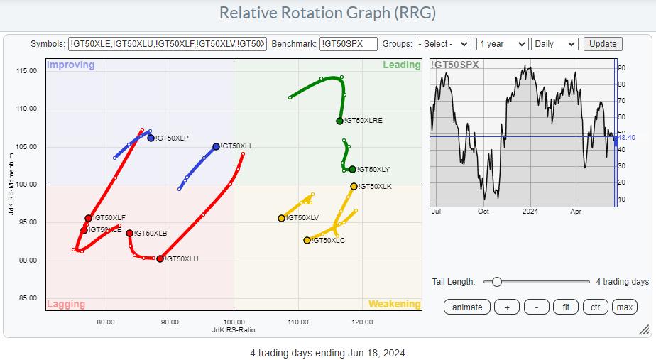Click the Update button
click(603, 43)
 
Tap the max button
click(625, 307)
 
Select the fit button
click(566, 307)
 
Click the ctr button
click(595, 307)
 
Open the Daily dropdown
click(554, 43)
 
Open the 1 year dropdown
click(502, 43)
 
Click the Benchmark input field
click(348, 43)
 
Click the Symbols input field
click(168, 43)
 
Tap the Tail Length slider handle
click(497, 282)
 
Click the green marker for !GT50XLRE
click(340, 121)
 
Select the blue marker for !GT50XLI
click(216, 147)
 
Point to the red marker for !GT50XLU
click(160, 258)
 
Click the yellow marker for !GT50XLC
click(307, 240)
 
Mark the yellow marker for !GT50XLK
click(354, 186)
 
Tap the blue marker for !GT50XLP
click(151, 138)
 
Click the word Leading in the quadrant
click(402, 65)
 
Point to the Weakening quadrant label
click(394, 304)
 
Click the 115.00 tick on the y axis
click(27, 70)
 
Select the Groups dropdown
click(443, 43)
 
